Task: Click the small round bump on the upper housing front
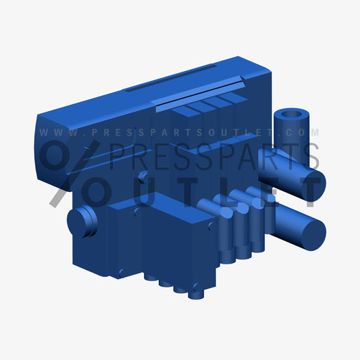(143, 176)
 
